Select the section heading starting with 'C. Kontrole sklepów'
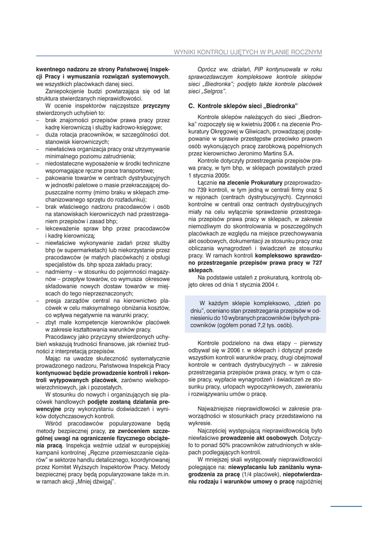pos(243,105)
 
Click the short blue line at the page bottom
pos(346,506)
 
